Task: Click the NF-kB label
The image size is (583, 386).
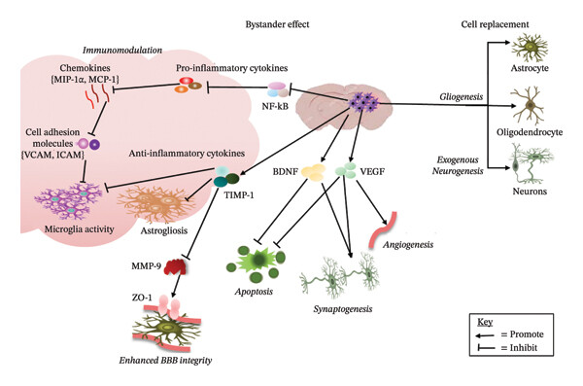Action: [x=275, y=106]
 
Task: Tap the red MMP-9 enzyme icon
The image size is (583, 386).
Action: [x=176, y=266]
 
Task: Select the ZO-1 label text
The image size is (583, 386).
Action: [x=142, y=298]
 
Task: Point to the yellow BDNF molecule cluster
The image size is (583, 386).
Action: [x=313, y=173]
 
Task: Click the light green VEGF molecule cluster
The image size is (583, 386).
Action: [x=345, y=170]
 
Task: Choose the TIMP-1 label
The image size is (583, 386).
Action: [x=239, y=194]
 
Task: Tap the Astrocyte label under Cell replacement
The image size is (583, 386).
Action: [x=530, y=68]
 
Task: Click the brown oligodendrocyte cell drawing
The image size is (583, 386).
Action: [x=528, y=106]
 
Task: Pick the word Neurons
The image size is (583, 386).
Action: [x=530, y=192]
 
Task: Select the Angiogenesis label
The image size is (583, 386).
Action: [x=408, y=245]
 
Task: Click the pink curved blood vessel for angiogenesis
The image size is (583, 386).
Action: [x=383, y=230]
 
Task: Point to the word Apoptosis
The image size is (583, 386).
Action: [x=254, y=292]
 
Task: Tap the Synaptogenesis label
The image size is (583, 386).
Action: [x=343, y=309]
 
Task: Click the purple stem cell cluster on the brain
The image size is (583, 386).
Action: [x=363, y=101]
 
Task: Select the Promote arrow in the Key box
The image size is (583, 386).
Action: [x=485, y=335]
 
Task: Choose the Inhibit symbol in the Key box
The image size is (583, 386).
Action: [x=486, y=348]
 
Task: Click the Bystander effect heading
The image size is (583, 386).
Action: [x=277, y=24]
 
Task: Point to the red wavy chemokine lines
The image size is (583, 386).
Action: [x=96, y=96]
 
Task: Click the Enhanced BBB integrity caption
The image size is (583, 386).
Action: [x=165, y=361]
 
